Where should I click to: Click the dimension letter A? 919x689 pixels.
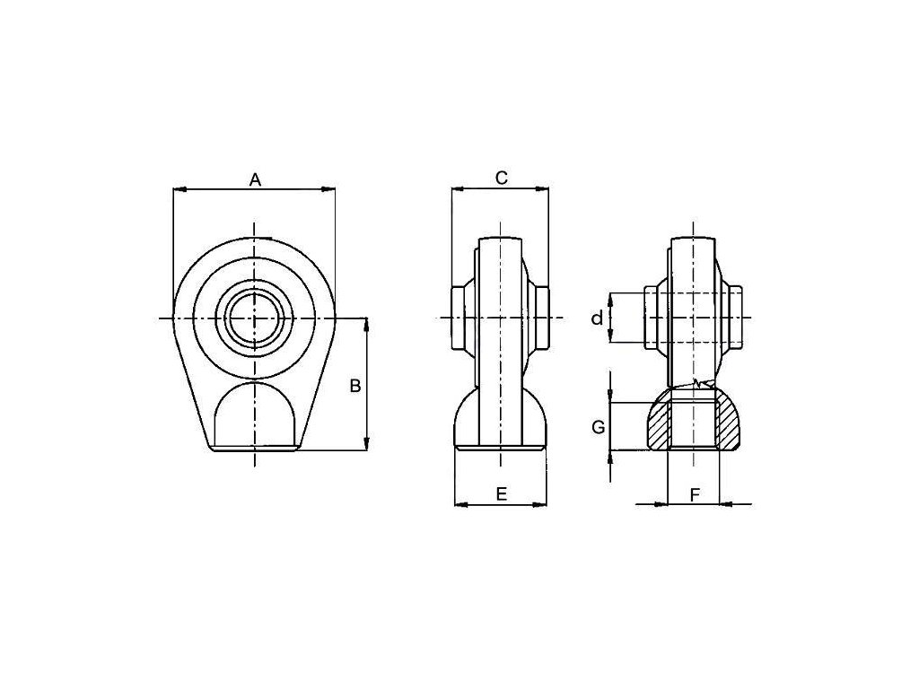click(255, 179)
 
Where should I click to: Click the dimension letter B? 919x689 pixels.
click(355, 386)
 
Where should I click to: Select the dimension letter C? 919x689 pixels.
click(502, 178)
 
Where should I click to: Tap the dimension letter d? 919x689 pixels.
click(597, 318)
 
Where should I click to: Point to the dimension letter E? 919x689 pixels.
click(501, 494)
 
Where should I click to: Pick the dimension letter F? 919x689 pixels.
click(695, 495)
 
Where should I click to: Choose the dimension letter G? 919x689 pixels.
click(598, 428)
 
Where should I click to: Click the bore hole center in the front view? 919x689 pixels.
click(254, 318)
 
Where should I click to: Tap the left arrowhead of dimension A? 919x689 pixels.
click(179, 188)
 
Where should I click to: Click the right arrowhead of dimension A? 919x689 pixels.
click(328, 188)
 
